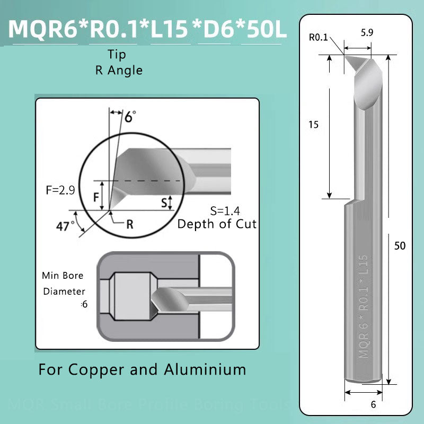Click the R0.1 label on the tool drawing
pyautogui.click(x=318, y=37)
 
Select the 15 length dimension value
pyautogui.click(x=313, y=125)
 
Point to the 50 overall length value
pyautogui.click(x=400, y=246)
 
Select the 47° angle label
pyautogui.click(x=66, y=226)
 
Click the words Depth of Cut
pyautogui.click(x=217, y=224)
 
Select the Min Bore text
pyautogui.click(x=63, y=276)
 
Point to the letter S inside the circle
pyautogui.click(x=164, y=202)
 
